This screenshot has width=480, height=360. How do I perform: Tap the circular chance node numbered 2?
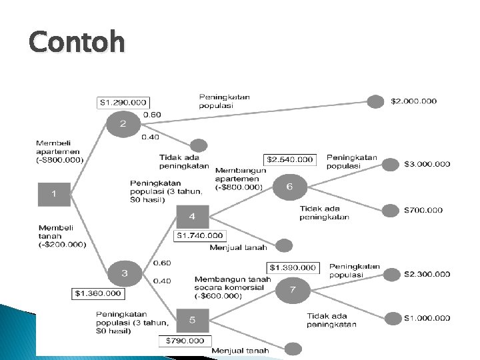click(x=123, y=123)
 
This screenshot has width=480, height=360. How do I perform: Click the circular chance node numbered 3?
click(x=125, y=272)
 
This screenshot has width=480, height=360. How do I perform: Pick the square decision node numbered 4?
click(x=192, y=216)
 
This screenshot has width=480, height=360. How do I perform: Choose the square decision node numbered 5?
click(x=192, y=320)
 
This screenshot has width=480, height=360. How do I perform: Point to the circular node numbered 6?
click(x=289, y=187)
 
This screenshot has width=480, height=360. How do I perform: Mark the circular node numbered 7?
click(x=293, y=289)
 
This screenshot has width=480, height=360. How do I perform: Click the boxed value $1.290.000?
click(x=123, y=103)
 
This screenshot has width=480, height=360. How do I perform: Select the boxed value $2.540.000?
click(x=290, y=159)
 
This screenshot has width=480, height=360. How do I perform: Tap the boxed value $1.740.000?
click(x=200, y=235)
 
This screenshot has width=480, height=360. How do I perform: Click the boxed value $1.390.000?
click(x=293, y=267)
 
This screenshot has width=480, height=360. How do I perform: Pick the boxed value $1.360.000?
click(x=98, y=293)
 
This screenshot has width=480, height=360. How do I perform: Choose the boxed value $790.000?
click(x=185, y=341)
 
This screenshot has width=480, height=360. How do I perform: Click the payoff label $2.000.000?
click(x=414, y=101)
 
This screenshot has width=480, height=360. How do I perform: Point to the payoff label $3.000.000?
click(x=427, y=163)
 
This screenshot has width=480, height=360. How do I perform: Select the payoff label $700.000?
click(x=423, y=210)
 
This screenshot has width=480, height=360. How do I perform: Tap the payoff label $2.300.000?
click(x=427, y=273)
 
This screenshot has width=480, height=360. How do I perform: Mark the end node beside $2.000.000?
click(x=376, y=102)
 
